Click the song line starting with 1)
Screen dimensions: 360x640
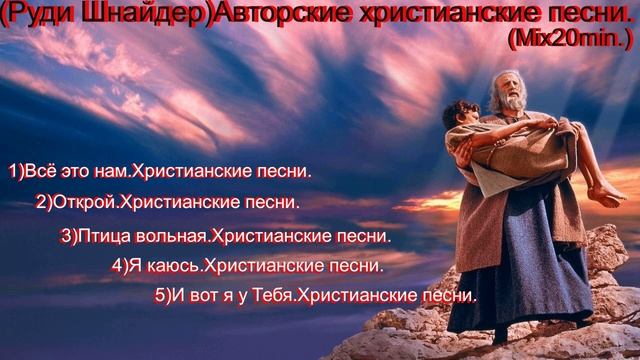pyautogui.click(x=160, y=172)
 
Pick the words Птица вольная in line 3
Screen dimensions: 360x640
pyautogui.click(x=144, y=238)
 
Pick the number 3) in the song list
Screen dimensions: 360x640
pyautogui.click(x=68, y=238)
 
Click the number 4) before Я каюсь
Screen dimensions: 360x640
pyautogui.click(x=120, y=267)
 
